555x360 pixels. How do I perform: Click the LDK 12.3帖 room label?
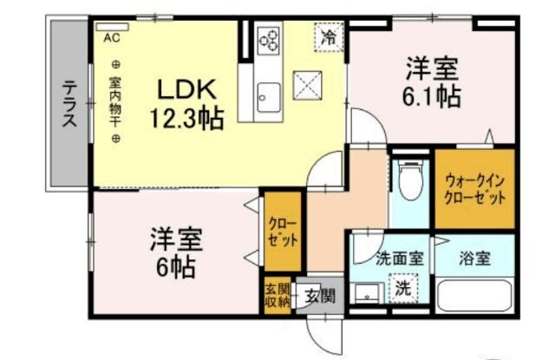(187, 103)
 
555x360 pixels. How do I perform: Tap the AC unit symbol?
(112, 27)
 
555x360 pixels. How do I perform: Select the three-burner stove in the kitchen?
(269, 40)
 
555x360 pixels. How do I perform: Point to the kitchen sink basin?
(269, 97)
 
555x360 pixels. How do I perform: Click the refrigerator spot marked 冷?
(329, 36)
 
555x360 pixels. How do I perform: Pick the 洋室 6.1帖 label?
(432, 82)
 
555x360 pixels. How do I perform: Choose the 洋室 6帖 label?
(176, 252)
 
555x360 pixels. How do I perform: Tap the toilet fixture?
(410, 180)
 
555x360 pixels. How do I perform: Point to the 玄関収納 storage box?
(277, 295)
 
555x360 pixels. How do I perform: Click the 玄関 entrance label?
(320, 295)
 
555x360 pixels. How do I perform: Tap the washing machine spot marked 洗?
(403, 288)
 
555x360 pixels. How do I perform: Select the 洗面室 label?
(400, 259)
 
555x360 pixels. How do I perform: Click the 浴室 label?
(474, 259)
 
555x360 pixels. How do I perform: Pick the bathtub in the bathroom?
(474, 296)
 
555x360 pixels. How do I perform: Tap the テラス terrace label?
(69, 103)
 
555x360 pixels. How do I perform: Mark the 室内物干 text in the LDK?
(115, 102)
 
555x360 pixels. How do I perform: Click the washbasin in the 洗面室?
(368, 293)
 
